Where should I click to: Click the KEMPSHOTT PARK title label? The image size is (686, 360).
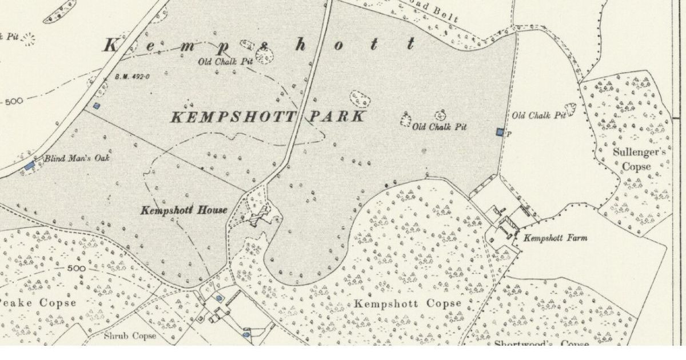268,117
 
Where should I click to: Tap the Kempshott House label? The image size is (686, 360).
184,210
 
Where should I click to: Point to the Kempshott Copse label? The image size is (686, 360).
407,303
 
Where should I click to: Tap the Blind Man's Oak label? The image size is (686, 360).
76,158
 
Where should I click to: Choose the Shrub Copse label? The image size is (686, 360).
130,336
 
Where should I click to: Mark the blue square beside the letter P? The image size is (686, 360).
500,133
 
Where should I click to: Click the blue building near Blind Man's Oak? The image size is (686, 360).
30,166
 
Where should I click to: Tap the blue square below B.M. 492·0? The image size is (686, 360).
97,106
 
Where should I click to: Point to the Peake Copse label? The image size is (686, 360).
38,303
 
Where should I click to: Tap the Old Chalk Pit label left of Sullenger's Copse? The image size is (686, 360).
539,116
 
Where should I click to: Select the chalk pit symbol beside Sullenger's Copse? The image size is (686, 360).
570,109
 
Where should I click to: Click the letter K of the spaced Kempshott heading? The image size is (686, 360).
110,46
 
